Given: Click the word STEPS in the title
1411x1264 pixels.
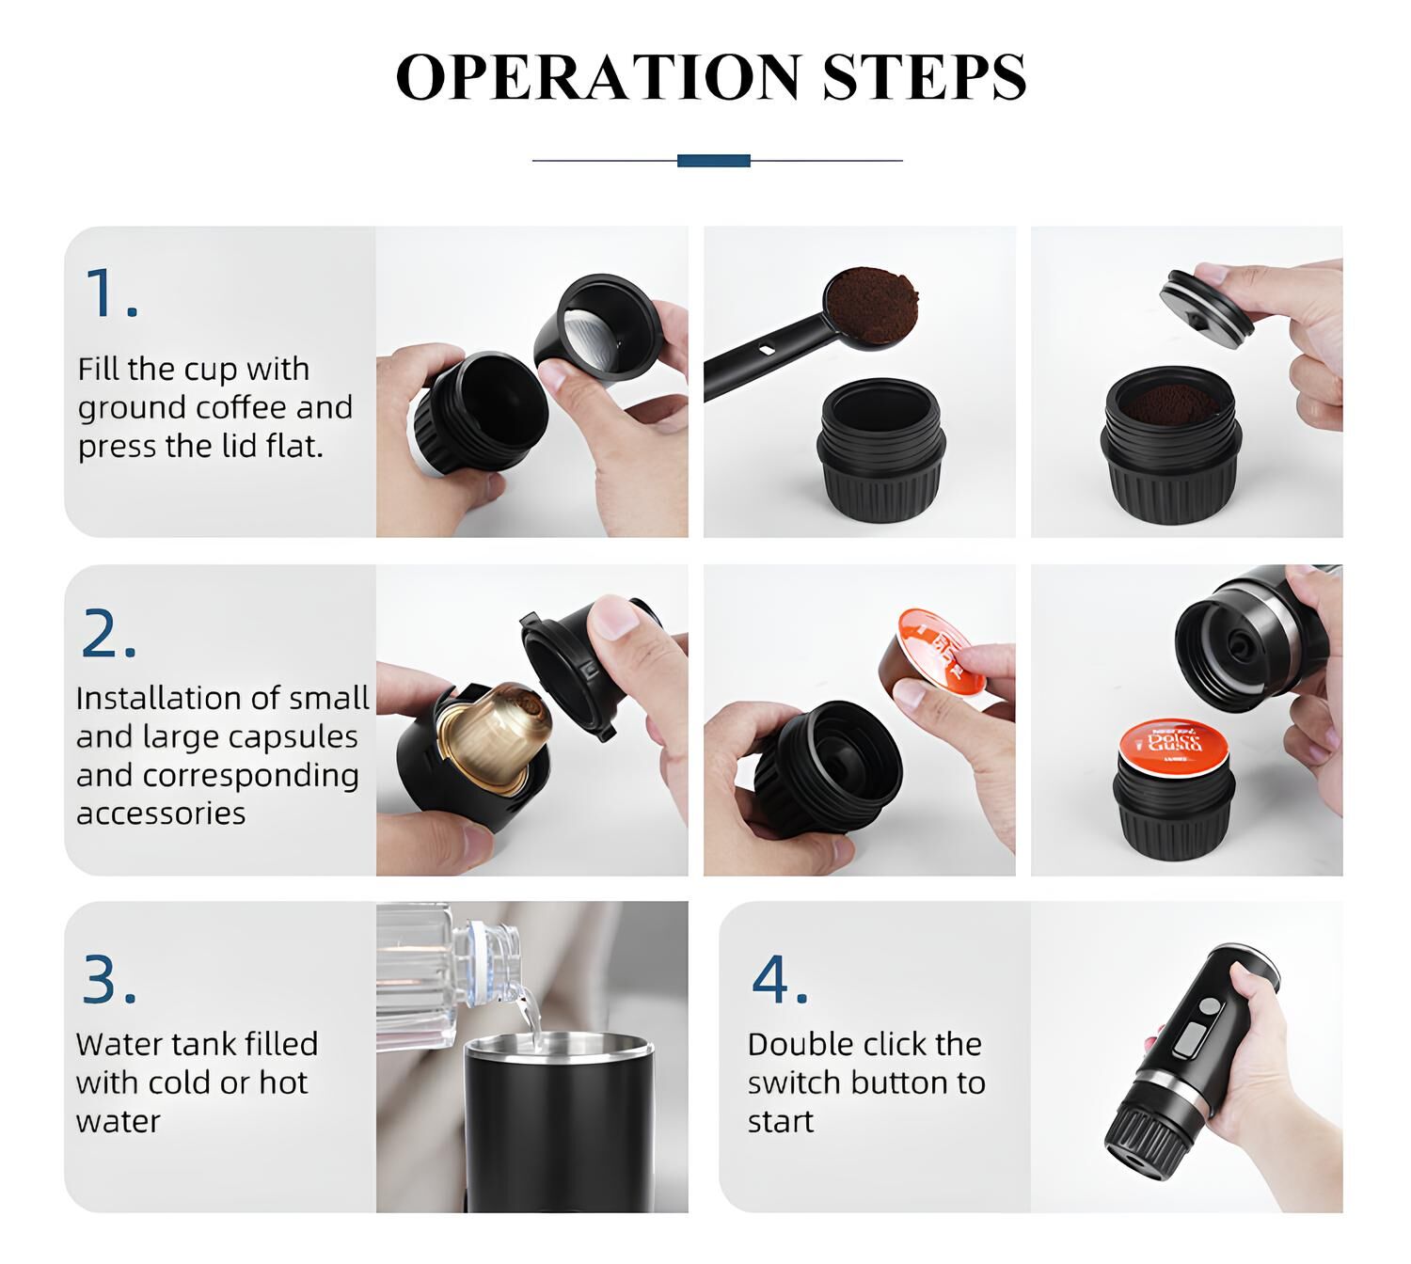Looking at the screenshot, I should tap(924, 77).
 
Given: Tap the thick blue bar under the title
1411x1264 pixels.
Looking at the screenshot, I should tap(713, 161).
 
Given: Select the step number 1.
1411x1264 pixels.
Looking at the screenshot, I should tap(109, 293).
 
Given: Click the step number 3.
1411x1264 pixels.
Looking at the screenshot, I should tap(108, 980).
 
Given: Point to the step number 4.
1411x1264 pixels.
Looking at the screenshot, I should tap(779, 980).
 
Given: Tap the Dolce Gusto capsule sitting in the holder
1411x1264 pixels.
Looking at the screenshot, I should tap(1174, 741).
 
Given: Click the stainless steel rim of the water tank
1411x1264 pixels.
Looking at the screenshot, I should tap(559, 1046).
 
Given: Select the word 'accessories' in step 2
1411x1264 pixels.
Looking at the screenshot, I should tap(161, 814).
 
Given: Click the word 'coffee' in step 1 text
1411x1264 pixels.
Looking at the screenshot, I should tap(235, 408).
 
